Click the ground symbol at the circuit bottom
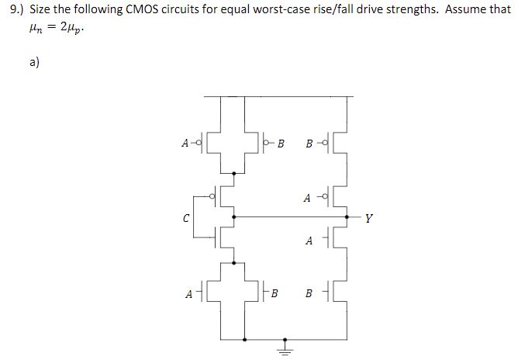285,349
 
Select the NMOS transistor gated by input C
223,237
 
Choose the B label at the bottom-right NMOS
310,294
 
